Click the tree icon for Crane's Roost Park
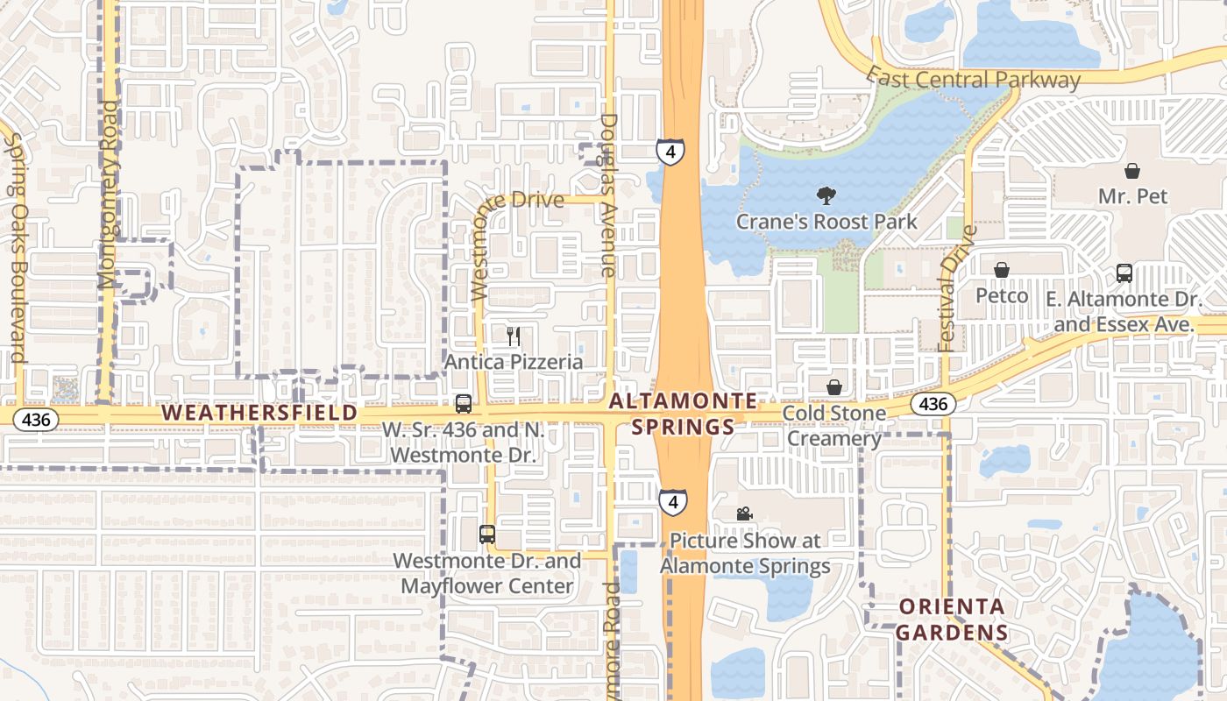click(825, 195)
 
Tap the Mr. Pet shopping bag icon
click(1132, 170)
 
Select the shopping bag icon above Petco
click(1001, 270)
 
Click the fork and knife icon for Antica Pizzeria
click(514, 336)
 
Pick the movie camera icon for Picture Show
click(744, 513)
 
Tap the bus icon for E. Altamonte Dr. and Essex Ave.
click(1124, 273)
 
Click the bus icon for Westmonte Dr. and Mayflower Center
click(486, 534)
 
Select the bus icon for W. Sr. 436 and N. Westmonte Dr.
click(463, 404)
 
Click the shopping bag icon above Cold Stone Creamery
click(834, 386)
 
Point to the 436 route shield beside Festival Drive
click(933, 404)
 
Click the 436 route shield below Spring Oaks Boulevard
click(36, 420)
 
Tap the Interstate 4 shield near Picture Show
click(672, 502)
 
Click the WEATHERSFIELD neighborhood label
click(260, 412)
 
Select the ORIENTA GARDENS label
click(953, 620)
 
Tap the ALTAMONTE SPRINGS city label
click(683, 414)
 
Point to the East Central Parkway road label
click(973, 80)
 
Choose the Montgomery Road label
click(108, 195)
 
